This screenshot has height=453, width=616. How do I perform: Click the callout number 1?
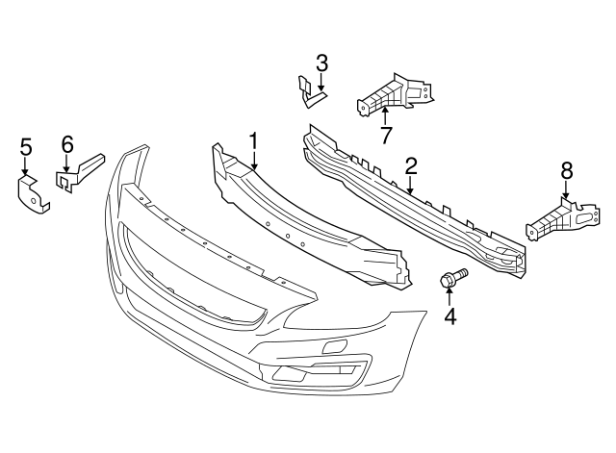[254, 141]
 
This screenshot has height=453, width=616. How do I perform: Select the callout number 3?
[321, 63]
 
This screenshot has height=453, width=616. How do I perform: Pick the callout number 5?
[26, 146]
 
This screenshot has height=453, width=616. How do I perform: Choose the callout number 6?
[66, 143]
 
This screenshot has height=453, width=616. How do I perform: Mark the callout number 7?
[385, 136]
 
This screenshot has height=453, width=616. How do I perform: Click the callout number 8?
[566, 170]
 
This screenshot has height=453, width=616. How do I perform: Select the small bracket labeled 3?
[310, 90]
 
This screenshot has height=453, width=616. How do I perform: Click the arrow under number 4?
[449, 295]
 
